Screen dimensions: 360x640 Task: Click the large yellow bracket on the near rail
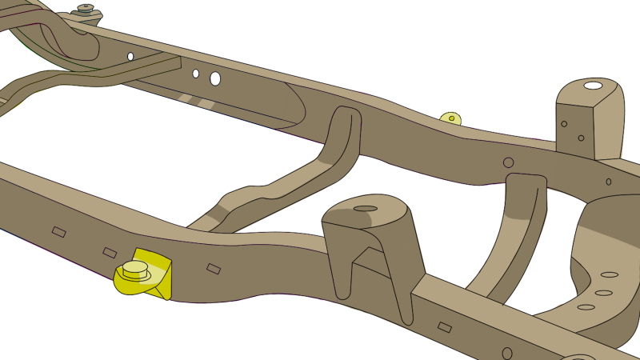pyautogui.click(x=156, y=272)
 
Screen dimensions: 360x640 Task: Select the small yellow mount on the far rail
pyautogui.click(x=451, y=118)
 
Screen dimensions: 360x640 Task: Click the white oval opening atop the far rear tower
pyautogui.click(x=593, y=86)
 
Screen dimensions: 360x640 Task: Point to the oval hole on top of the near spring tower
pyautogui.click(x=365, y=209)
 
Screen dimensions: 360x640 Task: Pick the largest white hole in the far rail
pyautogui.click(x=215, y=78)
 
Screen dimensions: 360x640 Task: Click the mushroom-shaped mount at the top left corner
pyautogui.click(x=85, y=10)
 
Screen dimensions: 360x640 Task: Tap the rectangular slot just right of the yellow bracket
pyautogui.click(x=213, y=269)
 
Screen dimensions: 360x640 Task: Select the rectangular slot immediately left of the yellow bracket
pyautogui.click(x=110, y=253)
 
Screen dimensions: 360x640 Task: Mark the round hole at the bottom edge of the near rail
pyautogui.click(x=507, y=353)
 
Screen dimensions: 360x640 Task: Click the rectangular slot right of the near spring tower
pyautogui.click(x=445, y=327)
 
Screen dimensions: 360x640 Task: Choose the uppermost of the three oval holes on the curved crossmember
pyautogui.click(x=610, y=274)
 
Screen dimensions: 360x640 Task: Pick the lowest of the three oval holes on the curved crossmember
pyautogui.click(x=586, y=306)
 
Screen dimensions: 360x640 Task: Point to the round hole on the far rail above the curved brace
pyautogui.click(x=508, y=162)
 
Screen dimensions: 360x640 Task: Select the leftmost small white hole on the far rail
pyautogui.click(x=130, y=57)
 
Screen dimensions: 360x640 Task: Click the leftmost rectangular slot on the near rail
pyautogui.click(x=58, y=232)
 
